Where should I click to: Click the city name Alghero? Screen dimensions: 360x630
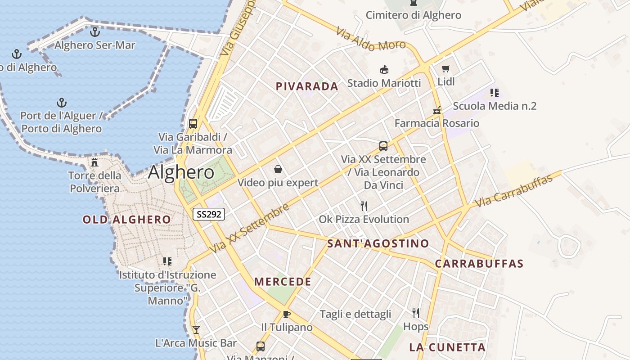[181, 172]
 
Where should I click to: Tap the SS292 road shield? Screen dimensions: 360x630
[209, 214]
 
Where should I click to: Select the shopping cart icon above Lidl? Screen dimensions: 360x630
[445, 69]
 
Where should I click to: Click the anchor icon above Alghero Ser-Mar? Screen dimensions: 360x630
[94, 32]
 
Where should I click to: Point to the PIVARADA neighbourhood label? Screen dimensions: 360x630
[306, 86]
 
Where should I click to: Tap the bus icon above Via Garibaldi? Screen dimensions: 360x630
[193, 123]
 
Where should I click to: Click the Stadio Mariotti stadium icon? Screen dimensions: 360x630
[384, 70]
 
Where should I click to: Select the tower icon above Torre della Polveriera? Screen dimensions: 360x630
[94, 162]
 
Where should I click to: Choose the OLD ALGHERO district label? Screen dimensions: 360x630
[126, 220]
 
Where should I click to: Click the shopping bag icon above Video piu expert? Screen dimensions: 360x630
[278, 169]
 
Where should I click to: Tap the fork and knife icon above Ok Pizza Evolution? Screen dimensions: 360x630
[364, 206]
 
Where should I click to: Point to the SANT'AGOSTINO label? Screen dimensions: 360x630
[378, 244]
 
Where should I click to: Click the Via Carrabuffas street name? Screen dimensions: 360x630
[513, 191]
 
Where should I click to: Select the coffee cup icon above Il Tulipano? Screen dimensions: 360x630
[287, 314]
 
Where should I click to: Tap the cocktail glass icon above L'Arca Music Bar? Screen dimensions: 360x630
[196, 329]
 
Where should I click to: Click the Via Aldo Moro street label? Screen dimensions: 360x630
[371, 40]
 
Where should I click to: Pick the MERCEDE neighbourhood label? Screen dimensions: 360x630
[283, 282]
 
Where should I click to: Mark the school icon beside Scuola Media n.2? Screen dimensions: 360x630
[495, 93]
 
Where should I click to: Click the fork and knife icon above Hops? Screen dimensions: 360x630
[416, 313]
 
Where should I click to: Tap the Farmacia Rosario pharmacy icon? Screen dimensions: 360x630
[437, 110]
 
